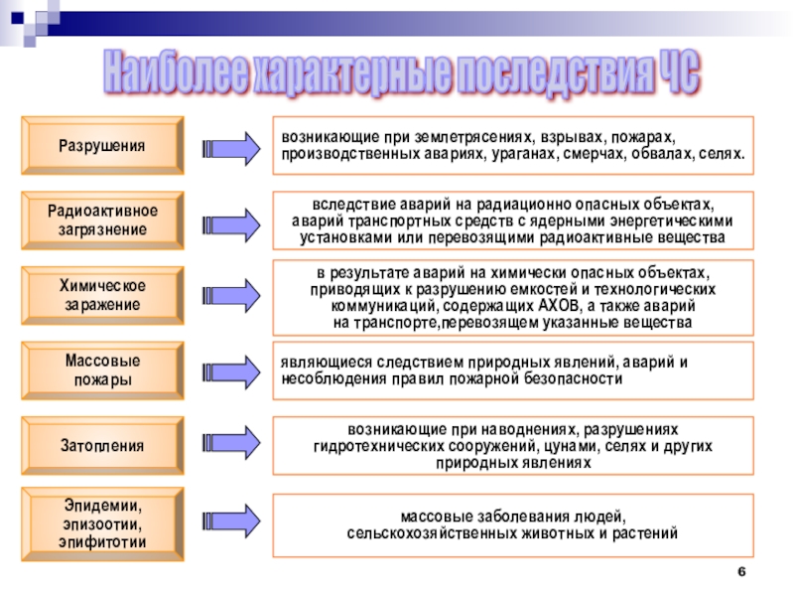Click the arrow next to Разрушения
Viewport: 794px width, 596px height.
pos(230,148)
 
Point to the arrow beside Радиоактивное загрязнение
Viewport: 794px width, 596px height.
pos(230,223)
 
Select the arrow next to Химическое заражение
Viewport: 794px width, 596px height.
pos(230,295)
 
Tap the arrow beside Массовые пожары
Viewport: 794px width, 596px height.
pos(230,371)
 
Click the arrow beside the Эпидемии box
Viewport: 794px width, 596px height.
pos(230,523)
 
